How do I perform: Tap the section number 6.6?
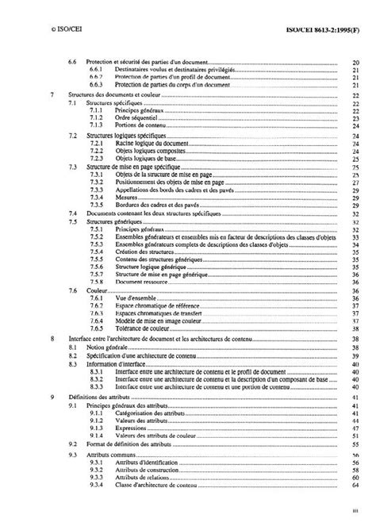(x=73, y=62)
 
